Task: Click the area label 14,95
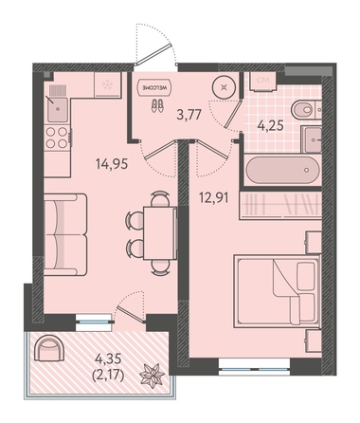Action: click(112, 164)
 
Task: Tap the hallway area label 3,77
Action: click(189, 114)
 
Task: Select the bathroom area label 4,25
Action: click(270, 125)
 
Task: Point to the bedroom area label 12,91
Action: click(213, 197)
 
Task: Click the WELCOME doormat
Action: click(155, 87)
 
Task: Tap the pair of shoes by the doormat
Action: click(157, 105)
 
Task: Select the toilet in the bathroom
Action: click(306, 110)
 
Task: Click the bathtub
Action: click(282, 169)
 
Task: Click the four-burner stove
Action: click(57, 138)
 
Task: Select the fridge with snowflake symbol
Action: click(108, 84)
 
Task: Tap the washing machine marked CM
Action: click(262, 82)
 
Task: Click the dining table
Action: click(160, 233)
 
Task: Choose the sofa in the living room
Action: click(65, 234)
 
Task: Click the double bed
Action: click(277, 291)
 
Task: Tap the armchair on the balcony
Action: click(49, 349)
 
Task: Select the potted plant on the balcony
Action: click(153, 376)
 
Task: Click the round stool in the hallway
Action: click(224, 87)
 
